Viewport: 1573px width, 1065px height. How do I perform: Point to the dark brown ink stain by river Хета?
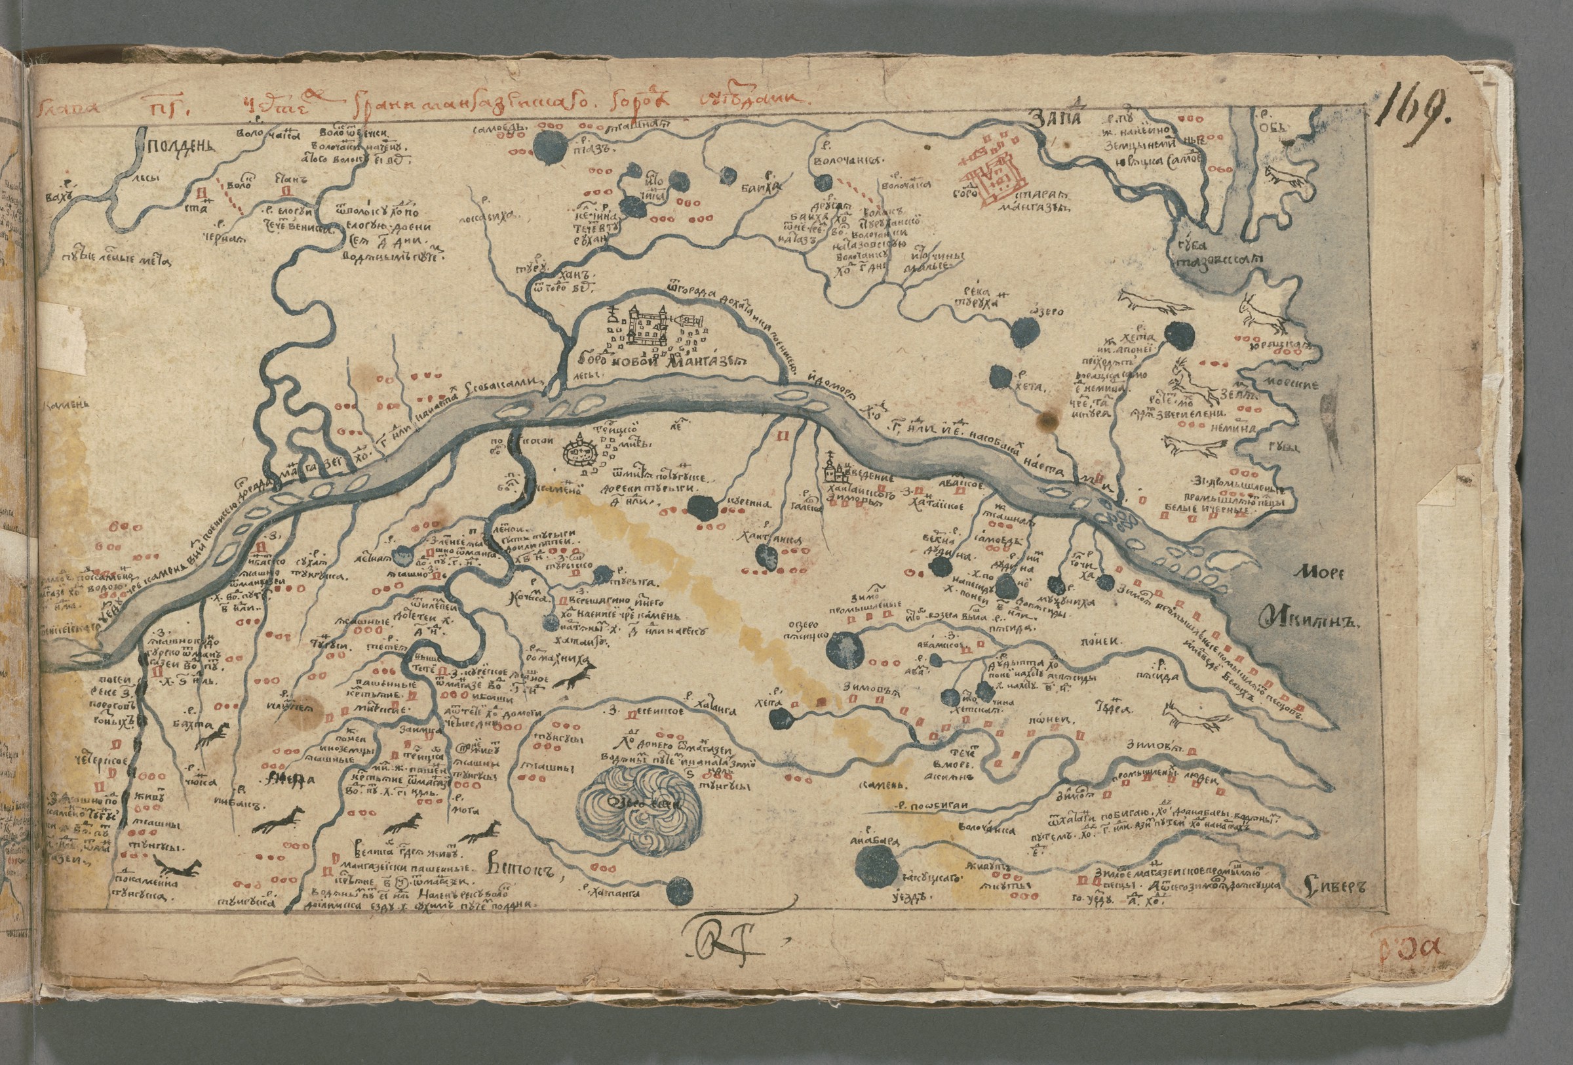1049,420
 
